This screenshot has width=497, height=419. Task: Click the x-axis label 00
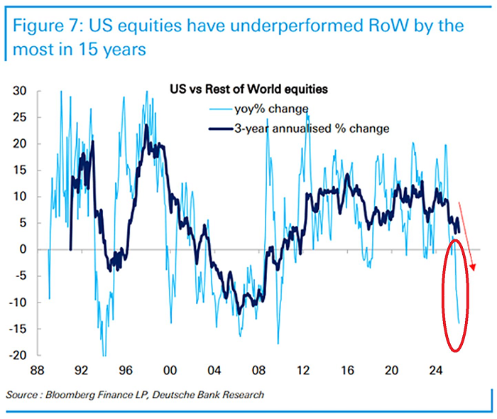click(x=170, y=371)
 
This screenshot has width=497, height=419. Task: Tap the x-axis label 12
click(x=303, y=371)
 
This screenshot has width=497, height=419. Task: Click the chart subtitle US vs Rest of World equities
click(x=253, y=90)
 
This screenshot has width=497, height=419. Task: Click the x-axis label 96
click(x=125, y=371)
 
